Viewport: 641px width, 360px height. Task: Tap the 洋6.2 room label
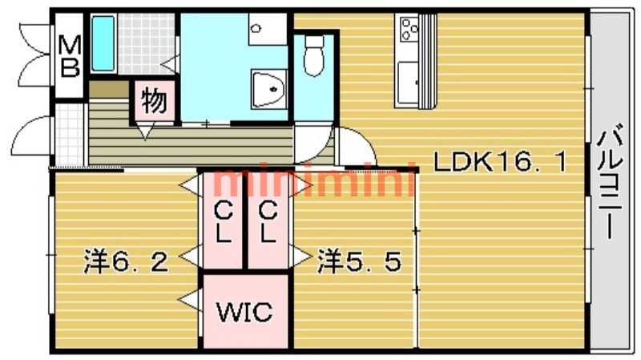tap(127, 261)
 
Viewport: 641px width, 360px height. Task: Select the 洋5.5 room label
tap(358, 261)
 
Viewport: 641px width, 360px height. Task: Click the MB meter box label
tap(70, 55)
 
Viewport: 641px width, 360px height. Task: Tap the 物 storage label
tap(154, 102)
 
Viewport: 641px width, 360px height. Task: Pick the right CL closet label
tap(268, 224)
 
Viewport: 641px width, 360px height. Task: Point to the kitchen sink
tap(409, 83)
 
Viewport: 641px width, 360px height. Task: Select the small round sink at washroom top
tap(256, 29)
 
